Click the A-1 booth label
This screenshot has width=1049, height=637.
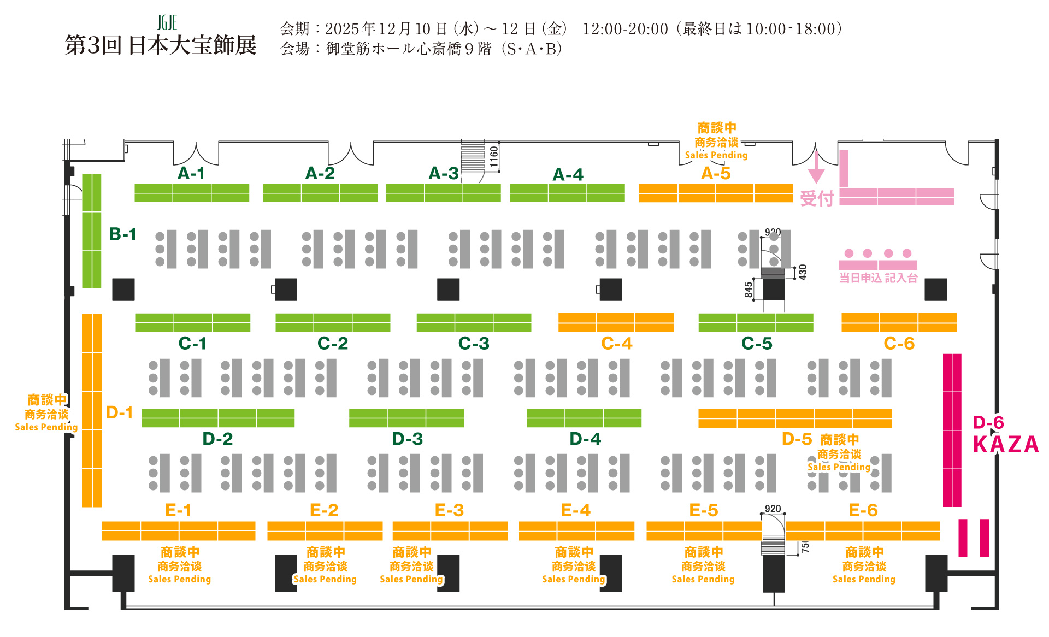pos(191,173)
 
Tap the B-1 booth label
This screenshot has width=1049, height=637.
pos(123,234)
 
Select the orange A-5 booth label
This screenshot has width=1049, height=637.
pos(716,173)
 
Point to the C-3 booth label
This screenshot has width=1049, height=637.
pos(474,343)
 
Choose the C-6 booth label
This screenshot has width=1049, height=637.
pos(899,343)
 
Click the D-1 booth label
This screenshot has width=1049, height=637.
pos(120,412)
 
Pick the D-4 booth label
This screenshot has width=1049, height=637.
pos(585,439)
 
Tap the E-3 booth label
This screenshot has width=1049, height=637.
pos(449,510)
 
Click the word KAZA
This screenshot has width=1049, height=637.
pos(1006,445)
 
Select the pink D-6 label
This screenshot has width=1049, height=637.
pos(988,422)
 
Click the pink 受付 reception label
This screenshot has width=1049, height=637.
pos(817,198)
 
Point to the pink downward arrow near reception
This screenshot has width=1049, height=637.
pos(816,167)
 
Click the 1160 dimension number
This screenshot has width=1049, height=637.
pos(494,157)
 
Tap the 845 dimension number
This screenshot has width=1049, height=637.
pos(749,290)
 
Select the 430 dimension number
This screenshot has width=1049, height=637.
pos(803,272)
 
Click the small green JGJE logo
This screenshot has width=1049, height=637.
pos(167,23)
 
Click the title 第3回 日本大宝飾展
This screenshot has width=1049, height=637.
pos(161,45)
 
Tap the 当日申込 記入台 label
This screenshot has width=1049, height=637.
pos(878,278)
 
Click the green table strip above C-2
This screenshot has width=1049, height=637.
pos(333,322)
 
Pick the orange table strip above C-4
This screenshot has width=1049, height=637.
pos(616,322)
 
